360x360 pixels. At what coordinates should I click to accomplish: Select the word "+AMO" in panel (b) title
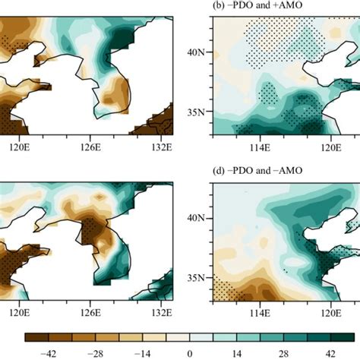pyautogui.click(x=292, y=8)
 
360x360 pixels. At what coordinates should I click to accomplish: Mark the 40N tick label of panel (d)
pyautogui.click(x=196, y=218)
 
